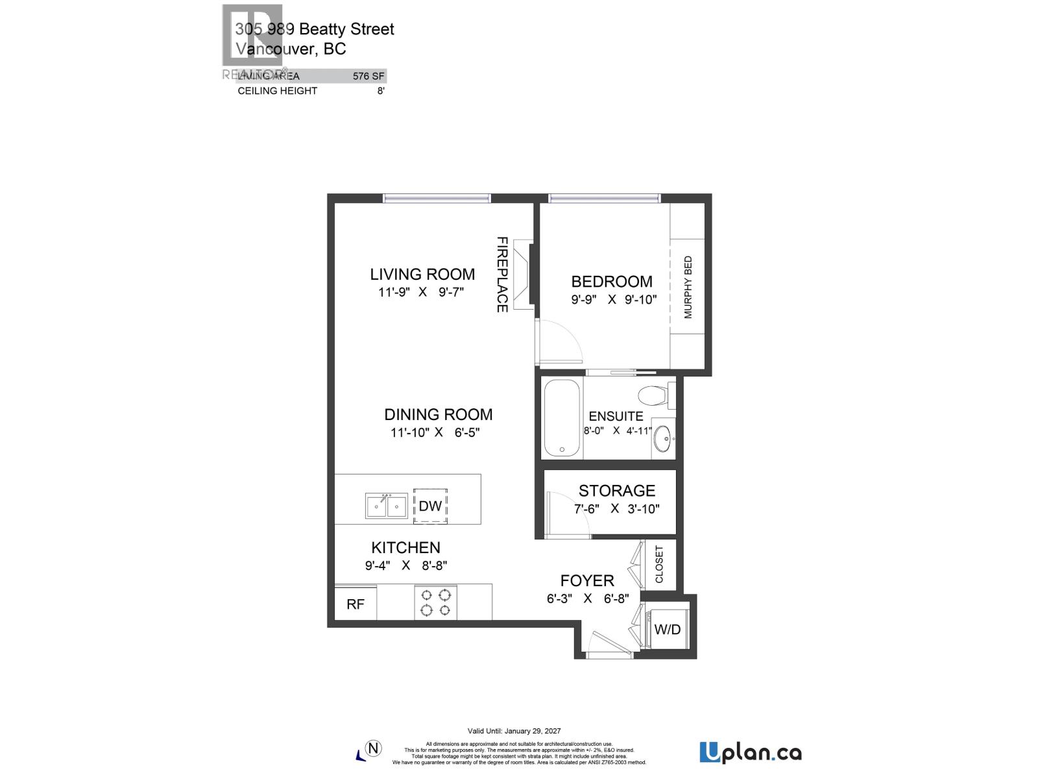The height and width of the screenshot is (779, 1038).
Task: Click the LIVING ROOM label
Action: point(422,275)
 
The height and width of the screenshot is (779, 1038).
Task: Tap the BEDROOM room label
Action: point(611,282)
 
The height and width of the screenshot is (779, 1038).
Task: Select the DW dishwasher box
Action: point(430,506)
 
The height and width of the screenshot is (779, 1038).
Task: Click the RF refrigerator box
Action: point(356,604)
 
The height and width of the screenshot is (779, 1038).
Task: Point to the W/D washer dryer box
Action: point(668,629)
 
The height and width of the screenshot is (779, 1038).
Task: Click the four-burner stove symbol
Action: point(436,602)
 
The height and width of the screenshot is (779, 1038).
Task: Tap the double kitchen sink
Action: point(386,506)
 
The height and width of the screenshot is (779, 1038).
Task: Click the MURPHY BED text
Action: point(688,288)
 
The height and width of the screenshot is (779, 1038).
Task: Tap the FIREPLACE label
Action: point(502,275)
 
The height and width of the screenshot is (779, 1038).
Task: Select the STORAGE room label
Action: point(617,491)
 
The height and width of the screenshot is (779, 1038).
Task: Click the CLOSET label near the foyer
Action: point(660,564)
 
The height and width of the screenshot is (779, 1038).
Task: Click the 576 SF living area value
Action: point(368,76)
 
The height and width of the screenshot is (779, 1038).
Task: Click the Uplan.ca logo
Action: point(751,753)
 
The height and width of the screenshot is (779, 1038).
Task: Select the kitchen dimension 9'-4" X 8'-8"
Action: point(406,565)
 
